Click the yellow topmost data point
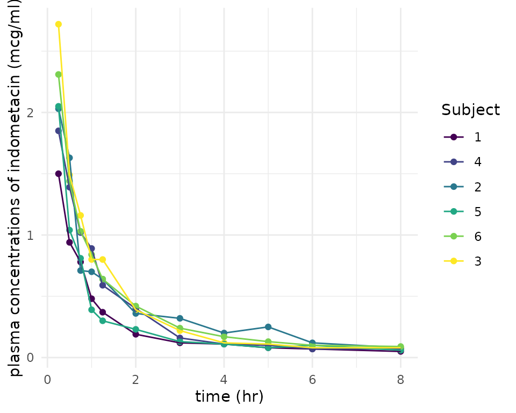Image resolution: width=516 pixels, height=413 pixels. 59,24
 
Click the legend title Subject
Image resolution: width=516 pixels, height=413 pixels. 470,110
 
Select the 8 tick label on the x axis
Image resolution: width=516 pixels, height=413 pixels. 400,379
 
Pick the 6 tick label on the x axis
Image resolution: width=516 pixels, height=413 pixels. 312,379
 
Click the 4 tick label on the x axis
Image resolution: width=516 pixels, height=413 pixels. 224,379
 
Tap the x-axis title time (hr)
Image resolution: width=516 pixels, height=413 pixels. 229,397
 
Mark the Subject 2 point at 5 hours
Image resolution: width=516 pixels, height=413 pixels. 268,327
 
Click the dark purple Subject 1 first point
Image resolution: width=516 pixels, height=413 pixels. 59,174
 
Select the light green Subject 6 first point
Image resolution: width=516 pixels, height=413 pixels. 59,75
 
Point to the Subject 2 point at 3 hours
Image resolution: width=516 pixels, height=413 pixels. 180,318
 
